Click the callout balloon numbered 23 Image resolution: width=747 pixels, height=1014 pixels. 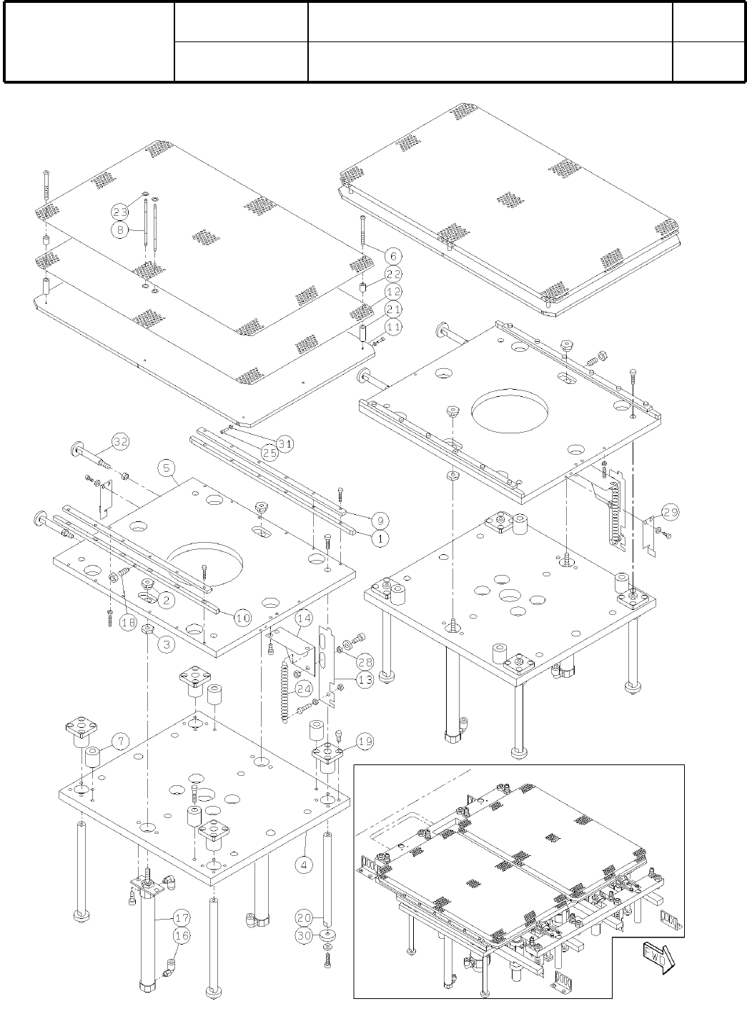[x=120, y=211]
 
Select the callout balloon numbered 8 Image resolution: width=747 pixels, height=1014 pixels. [x=120, y=230]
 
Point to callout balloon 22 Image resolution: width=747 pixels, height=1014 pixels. [x=392, y=275]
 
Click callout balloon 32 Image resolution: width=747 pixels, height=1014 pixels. [x=120, y=441]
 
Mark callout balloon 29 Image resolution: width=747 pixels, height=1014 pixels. [x=670, y=513]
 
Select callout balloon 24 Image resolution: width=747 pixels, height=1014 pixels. [x=305, y=689]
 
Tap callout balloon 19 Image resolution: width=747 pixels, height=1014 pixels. [x=365, y=742]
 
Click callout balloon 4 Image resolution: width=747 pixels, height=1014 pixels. [x=305, y=864]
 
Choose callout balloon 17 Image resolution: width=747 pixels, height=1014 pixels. [x=182, y=917]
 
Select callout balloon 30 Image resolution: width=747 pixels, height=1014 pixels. [x=305, y=935]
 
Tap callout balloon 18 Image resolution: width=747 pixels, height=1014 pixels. [x=128, y=623]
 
